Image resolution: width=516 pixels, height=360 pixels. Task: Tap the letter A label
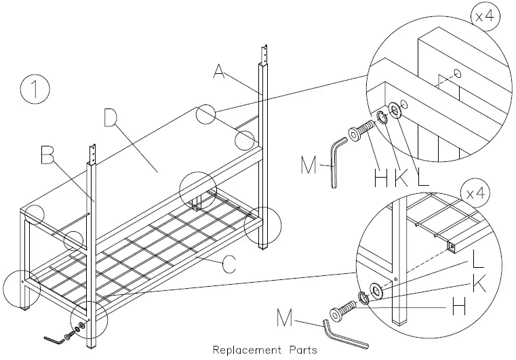[x=218, y=71]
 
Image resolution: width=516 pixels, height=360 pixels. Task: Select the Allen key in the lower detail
[x=346, y=334]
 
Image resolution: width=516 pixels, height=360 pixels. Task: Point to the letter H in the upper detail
[x=381, y=178]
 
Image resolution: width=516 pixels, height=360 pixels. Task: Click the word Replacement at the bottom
[x=246, y=350]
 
